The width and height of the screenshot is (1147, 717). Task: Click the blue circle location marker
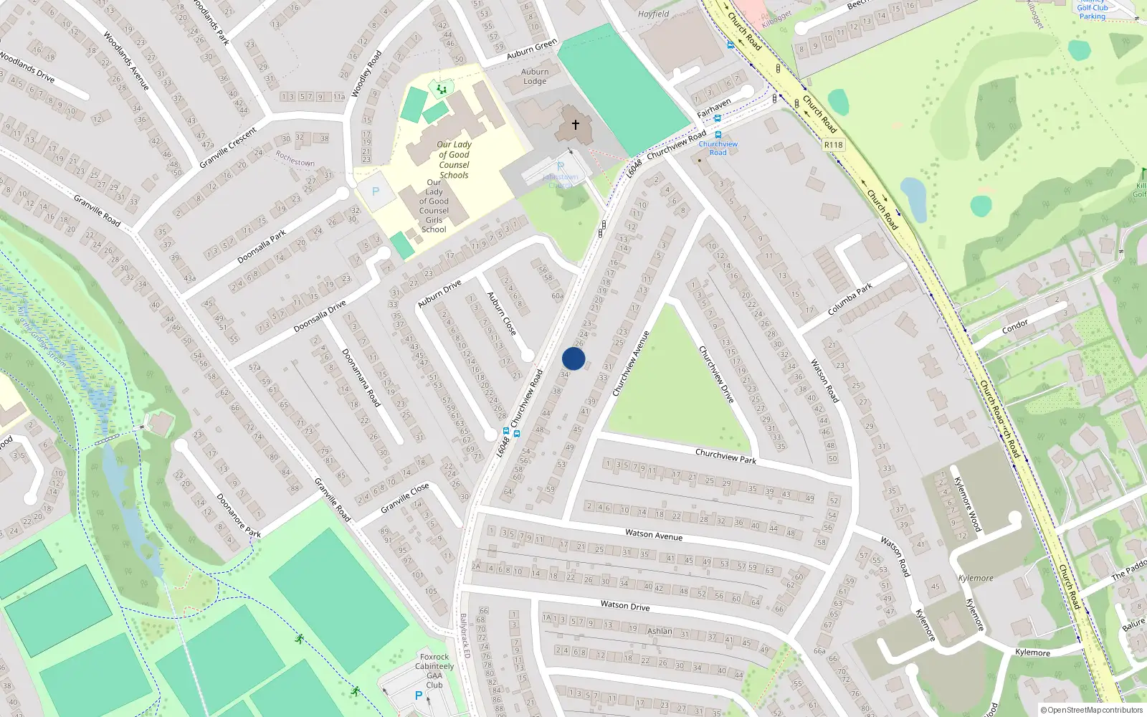coord(573,358)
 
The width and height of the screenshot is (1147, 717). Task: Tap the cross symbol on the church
coord(575,125)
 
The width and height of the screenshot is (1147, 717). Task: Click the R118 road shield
coord(833,145)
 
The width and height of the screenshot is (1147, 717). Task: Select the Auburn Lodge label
coord(535,77)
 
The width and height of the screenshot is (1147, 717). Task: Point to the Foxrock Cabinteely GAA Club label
coord(434,670)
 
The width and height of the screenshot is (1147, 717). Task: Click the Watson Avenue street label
coord(654,534)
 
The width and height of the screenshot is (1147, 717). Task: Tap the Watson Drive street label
coord(625,606)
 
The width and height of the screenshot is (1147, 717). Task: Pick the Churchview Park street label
coord(725,455)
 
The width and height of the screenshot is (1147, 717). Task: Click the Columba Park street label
coord(849,299)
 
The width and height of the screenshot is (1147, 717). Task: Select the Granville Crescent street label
coord(228,148)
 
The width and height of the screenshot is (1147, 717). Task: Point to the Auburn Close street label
coord(502,313)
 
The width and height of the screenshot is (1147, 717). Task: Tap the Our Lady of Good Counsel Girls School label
coord(434,206)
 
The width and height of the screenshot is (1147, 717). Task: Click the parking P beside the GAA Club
coord(419,695)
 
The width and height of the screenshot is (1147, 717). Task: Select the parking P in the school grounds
coord(375,191)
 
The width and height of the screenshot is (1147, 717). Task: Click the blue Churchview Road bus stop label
coord(718,148)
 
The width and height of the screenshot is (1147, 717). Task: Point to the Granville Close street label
coord(405,498)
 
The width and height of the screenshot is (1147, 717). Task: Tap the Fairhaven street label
coord(714,108)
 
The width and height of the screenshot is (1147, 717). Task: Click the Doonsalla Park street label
coord(262,246)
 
